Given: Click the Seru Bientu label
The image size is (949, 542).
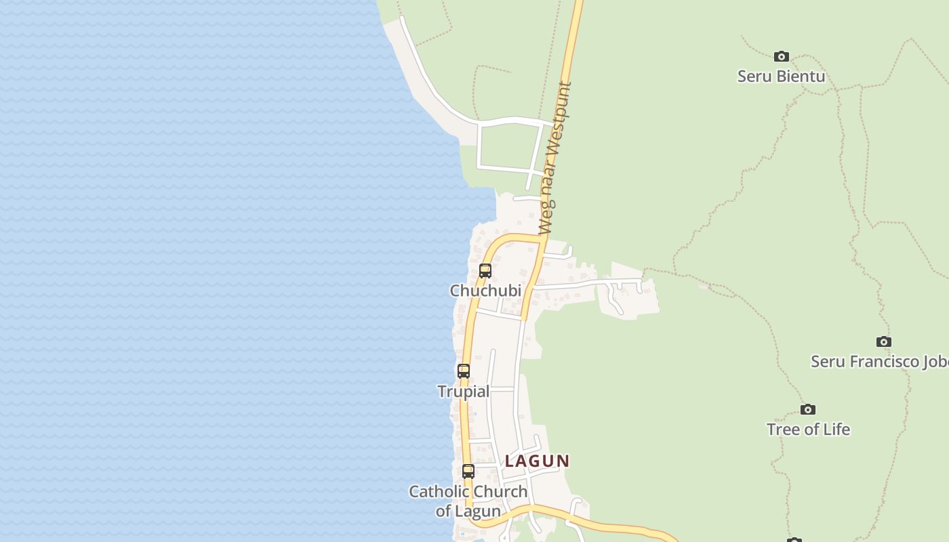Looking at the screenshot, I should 781,76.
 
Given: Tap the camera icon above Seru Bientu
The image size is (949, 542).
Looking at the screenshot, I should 782,56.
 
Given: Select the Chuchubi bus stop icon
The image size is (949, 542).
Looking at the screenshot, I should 485,271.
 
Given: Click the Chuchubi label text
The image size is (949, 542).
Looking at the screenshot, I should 485,291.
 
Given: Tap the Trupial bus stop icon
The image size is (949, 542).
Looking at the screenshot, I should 464,371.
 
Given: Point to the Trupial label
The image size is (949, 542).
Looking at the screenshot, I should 463,392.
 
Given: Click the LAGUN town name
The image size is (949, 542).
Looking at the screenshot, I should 538,461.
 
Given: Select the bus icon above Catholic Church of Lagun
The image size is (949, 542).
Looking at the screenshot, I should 468,472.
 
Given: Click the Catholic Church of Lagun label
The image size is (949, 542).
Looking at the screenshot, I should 468,501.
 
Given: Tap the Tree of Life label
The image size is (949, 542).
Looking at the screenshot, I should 808,430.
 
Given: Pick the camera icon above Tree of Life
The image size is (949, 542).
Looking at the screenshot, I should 808,409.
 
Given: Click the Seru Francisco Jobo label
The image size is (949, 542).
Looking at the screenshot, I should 880,361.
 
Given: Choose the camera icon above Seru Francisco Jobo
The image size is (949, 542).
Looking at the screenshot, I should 884,341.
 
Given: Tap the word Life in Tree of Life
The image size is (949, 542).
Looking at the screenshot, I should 835,430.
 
